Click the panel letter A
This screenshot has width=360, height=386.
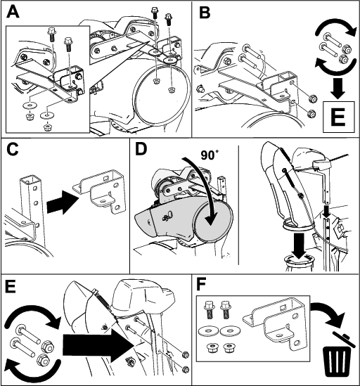pyautogui.click(x=13, y=12)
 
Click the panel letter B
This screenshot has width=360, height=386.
pyautogui.click(x=205, y=12)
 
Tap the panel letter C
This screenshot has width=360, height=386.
pyautogui.click(x=13, y=149)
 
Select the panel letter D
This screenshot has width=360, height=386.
pyautogui.click(x=141, y=149)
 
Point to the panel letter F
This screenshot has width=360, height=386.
pyautogui.click(x=201, y=285)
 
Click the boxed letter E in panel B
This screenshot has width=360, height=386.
pyautogui.click(x=339, y=117)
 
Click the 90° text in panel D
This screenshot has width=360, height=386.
pyautogui.click(x=210, y=155)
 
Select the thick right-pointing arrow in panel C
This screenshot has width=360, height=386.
pyautogui.click(x=63, y=202)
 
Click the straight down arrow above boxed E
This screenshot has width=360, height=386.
pyautogui.click(x=337, y=88)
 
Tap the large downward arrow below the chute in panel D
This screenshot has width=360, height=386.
pyautogui.click(x=298, y=246)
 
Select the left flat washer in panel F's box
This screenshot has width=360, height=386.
pyautogui.click(x=208, y=330)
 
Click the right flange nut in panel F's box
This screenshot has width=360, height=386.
pyautogui.click(x=229, y=348)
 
